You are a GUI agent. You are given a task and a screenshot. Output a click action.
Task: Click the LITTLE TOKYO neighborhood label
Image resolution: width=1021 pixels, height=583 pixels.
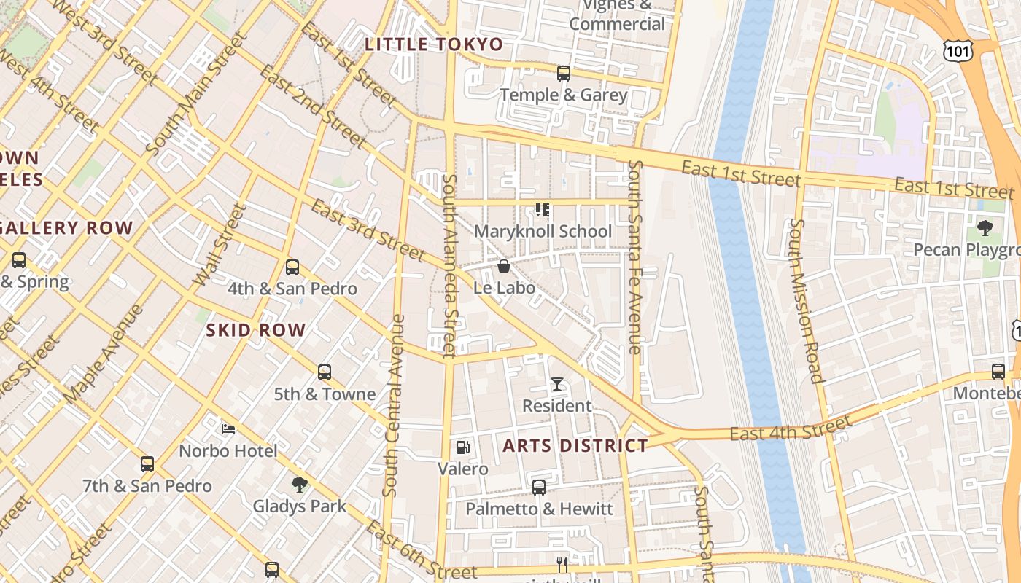434,44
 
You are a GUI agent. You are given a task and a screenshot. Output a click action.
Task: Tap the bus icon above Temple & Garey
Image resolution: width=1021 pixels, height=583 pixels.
563,74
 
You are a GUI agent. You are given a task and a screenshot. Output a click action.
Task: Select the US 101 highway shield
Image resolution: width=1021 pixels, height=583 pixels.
955,50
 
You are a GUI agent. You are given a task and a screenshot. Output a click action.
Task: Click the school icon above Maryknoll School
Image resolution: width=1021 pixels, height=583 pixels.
542,210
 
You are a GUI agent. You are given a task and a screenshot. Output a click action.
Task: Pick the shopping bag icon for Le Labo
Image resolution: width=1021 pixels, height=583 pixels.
503,266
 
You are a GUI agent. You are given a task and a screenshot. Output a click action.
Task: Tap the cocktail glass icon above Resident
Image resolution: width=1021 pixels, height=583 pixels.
557,384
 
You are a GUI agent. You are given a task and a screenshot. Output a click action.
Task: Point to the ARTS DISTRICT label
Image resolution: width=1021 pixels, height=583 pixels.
575,445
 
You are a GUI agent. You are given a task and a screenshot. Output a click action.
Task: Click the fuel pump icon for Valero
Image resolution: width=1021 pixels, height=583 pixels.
462,447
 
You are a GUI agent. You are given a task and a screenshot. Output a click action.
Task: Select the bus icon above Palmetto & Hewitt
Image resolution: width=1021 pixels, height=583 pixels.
539,488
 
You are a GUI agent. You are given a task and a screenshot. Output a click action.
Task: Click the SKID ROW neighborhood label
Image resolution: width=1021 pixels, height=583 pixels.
255,330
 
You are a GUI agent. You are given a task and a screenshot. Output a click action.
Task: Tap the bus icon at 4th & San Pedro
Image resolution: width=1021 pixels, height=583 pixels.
292,267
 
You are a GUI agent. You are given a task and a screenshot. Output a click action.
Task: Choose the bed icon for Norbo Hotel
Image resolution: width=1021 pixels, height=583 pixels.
228,429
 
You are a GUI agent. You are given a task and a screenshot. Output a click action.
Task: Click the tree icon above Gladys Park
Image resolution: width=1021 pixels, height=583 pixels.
299,484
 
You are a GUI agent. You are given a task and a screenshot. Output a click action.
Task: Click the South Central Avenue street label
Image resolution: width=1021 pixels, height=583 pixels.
394,405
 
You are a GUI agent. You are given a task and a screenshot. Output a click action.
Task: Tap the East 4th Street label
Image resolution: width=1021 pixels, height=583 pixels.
791,429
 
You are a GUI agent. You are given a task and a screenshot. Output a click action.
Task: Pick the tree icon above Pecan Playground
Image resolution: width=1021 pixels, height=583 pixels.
985,228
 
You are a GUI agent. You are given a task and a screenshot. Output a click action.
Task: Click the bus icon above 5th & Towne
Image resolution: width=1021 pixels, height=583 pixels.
325,372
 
